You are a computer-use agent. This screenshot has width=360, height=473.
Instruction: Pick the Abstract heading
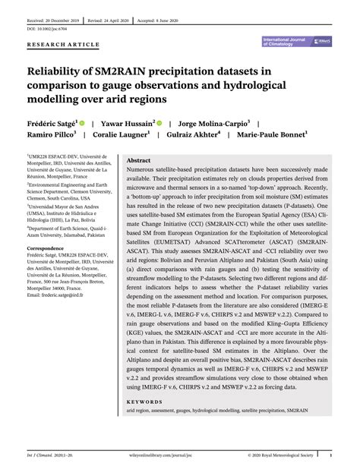pos(138,161)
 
